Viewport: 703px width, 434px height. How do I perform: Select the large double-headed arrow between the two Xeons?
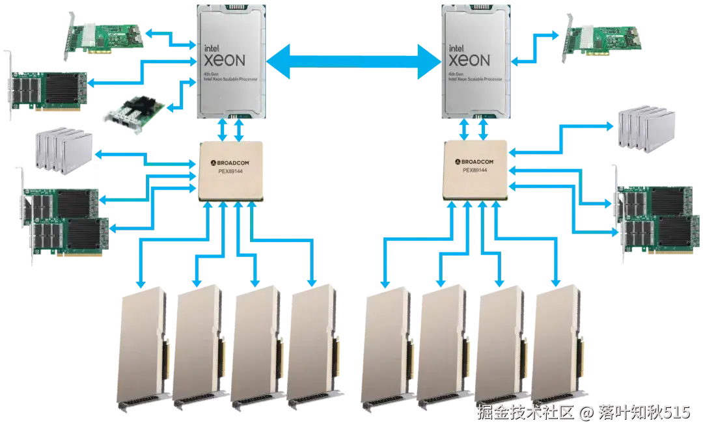coord(353,63)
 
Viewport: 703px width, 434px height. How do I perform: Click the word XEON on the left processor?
coord(225,61)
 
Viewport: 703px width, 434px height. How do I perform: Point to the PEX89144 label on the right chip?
coord(475,170)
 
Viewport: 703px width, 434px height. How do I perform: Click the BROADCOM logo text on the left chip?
coord(227,161)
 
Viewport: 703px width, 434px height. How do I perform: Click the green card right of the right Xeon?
coord(603,39)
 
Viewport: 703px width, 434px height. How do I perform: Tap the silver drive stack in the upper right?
coord(641,129)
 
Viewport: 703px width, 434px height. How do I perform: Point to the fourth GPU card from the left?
coord(311,348)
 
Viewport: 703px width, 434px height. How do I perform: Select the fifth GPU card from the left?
coord(387,348)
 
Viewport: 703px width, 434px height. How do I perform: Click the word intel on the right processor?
coord(457,47)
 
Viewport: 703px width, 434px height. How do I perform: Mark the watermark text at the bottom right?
coord(583,412)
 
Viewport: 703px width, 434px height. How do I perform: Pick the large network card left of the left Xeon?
coord(49,91)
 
